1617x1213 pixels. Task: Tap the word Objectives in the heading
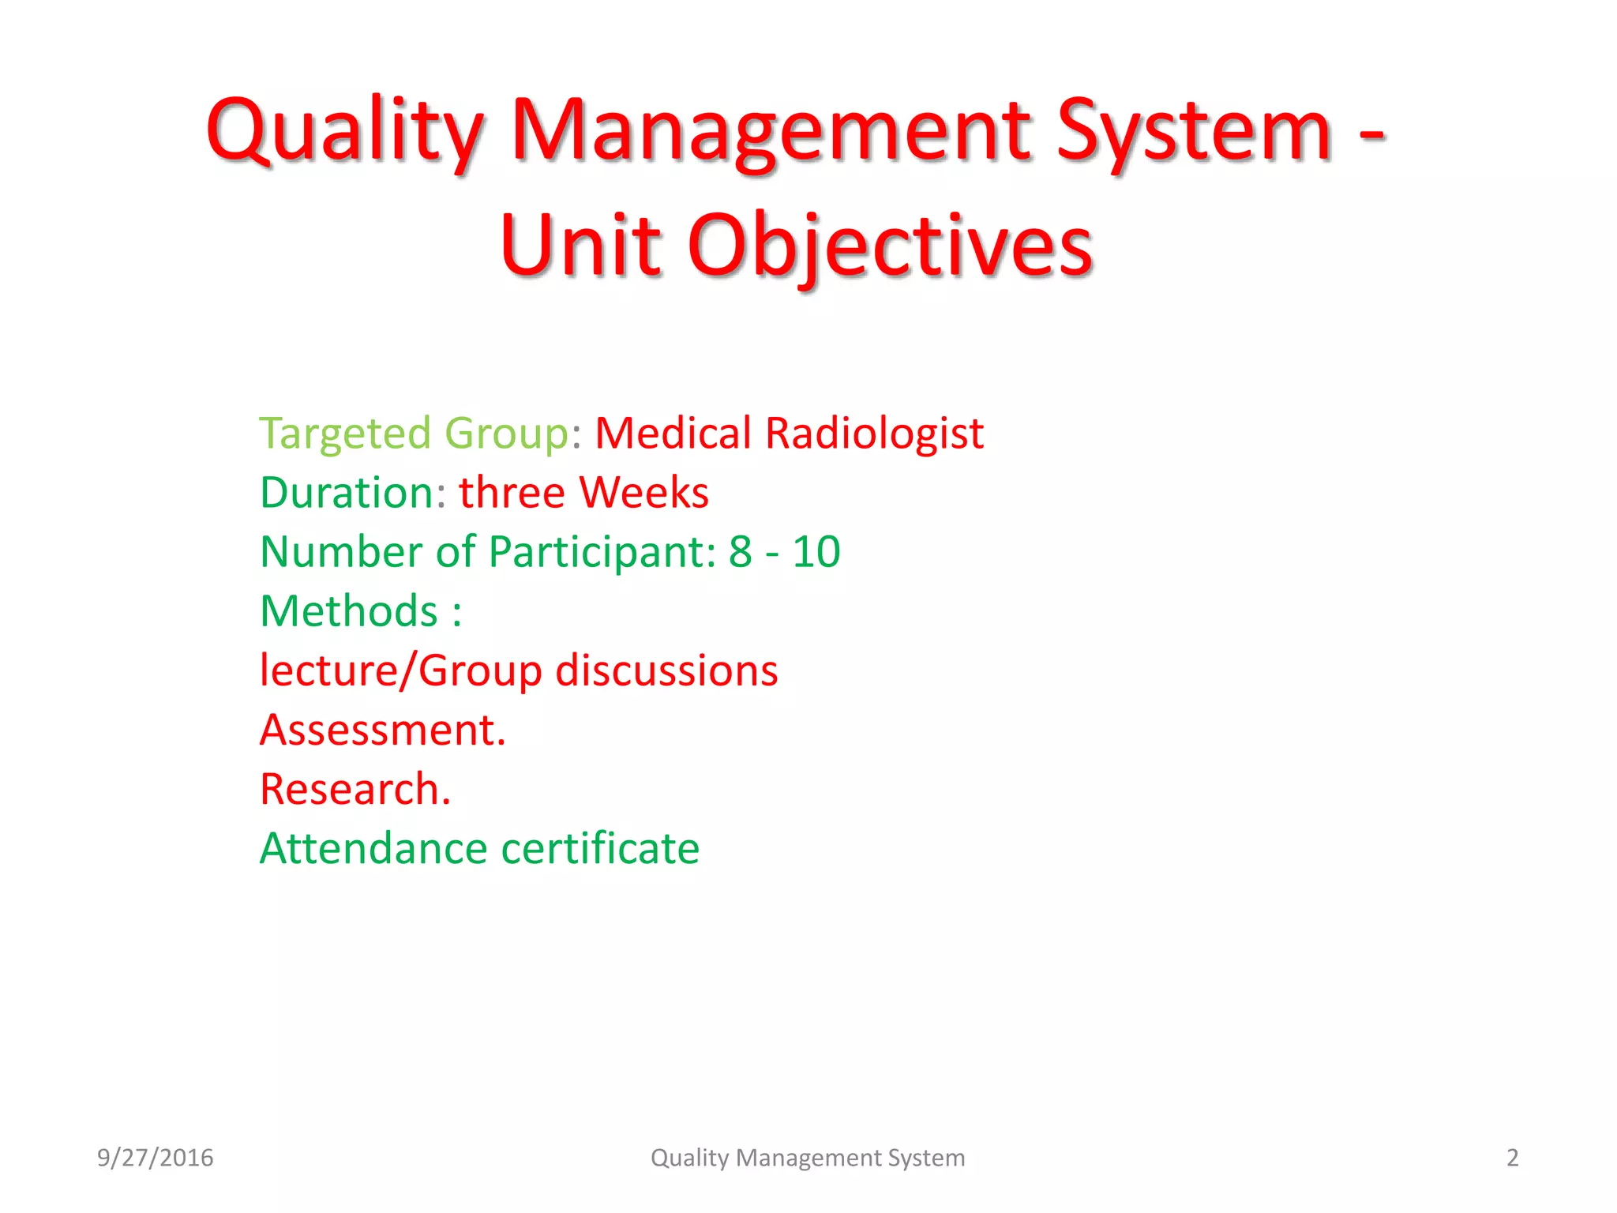(x=891, y=246)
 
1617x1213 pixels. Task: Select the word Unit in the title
(x=580, y=246)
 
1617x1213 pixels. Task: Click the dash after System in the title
(x=1372, y=134)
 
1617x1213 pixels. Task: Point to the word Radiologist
(x=874, y=434)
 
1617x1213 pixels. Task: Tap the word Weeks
(x=643, y=493)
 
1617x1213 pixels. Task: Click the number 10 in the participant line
(x=816, y=552)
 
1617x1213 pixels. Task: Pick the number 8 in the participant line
(x=740, y=552)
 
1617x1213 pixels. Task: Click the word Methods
(x=349, y=611)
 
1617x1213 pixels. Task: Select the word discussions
(x=666, y=670)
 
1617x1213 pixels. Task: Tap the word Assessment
(x=382, y=730)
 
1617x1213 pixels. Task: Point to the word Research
(x=355, y=789)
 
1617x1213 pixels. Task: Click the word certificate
(x=600, y=848)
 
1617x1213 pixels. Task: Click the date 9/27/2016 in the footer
(x=155, y=1158)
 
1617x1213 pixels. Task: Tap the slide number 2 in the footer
(x=1512, y=1158)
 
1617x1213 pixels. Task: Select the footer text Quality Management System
(x=808, y=1158)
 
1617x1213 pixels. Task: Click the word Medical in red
(x=673, y=434)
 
